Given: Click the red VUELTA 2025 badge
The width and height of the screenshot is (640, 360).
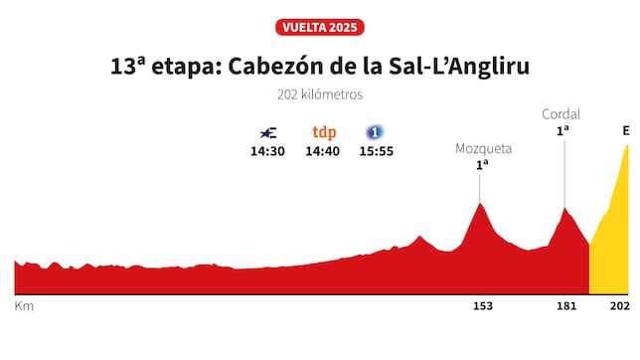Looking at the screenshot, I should (319, 27).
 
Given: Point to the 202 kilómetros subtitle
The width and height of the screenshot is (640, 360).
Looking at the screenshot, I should (319, 95).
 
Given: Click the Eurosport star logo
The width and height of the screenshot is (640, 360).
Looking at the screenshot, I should (267, 132).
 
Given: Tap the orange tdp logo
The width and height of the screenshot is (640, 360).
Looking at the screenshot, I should (324, 132).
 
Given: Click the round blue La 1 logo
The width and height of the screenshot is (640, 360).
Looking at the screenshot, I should (375, 132).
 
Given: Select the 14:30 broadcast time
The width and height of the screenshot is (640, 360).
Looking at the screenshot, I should (267, 151).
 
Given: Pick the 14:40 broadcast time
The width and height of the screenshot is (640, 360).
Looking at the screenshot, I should (324, 151).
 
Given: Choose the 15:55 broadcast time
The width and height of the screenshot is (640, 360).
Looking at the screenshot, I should (376, 151).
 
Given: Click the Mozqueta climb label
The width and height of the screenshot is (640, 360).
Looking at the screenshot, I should (483, 148).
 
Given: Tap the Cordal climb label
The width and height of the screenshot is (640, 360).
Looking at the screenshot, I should (561, 114).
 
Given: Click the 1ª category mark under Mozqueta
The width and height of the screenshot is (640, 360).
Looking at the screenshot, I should (482, 165).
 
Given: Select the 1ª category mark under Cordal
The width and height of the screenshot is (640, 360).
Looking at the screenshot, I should (562, 131).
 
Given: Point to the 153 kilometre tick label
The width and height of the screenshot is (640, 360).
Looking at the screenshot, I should (482, 306).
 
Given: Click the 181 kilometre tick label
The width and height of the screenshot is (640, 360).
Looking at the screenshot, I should (565, 306).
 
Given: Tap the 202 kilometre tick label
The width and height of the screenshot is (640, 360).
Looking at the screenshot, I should (619, 306).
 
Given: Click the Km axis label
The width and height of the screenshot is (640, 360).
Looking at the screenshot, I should (24, 306).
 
